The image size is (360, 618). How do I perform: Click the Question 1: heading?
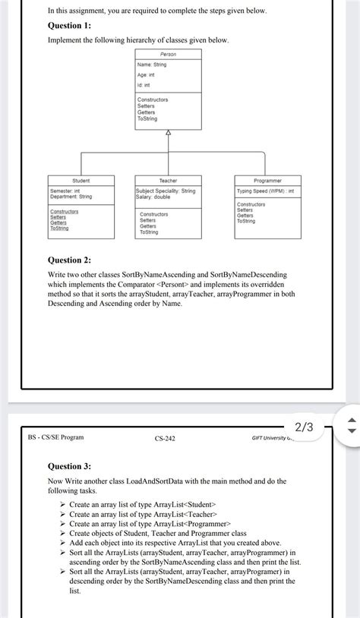tap(69, 25)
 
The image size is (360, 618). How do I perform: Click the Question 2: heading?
tap(69, 260)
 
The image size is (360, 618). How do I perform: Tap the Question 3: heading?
tap(69, 466)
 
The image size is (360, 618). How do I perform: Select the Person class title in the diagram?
tap(169, 55)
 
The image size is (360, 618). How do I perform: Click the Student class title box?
tap(81, 181)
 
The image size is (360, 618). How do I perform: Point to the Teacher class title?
tap(169, 181)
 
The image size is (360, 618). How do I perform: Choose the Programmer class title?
tap(268, 181)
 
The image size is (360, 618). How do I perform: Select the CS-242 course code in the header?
tap(165, 438)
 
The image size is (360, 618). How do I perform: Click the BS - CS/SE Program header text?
tap(56, 438)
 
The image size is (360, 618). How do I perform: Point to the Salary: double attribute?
tap(153, 197)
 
